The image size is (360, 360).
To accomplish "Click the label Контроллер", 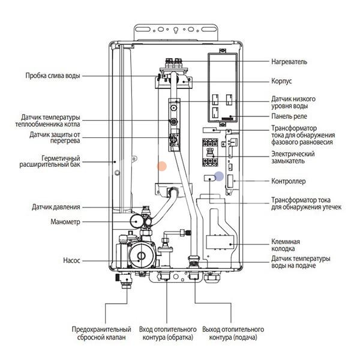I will point(289,181).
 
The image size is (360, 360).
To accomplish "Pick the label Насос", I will point(71,261).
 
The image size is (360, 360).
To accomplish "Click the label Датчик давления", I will point(56,208).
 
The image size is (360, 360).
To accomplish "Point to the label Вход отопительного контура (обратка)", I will point(168,334).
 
